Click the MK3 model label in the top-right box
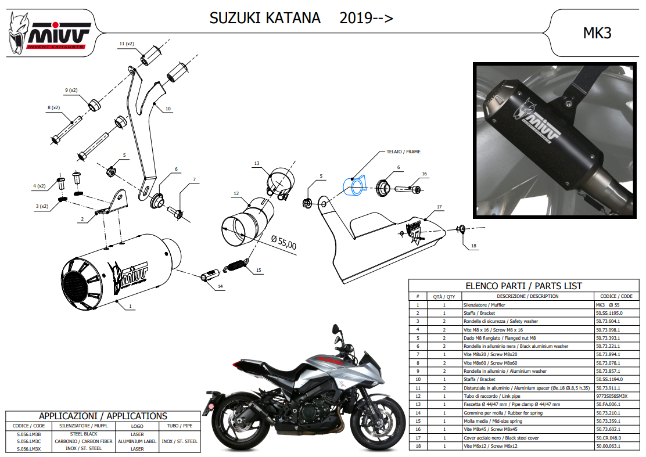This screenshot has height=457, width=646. (x=597, y=33)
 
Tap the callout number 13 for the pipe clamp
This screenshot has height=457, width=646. (x=257, y=163)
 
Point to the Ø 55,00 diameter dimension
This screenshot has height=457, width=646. (x=284, y=243)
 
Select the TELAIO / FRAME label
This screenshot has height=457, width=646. (x=403, y=152)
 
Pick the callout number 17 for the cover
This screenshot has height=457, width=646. (x=439, y=207)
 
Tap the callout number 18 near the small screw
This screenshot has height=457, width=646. (x=473, y=246)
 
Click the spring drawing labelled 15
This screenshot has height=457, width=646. (x=236, y=264)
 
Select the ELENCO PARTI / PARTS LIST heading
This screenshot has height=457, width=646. (x=523, y=286)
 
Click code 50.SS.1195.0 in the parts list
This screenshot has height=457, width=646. (x=609, y=313)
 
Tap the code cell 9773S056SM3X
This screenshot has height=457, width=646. (x=611, y=396)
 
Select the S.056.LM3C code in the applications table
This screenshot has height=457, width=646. (x=29, y=441)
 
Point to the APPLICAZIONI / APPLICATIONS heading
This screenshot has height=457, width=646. (x=103, y=416)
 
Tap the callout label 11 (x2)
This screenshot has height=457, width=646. (x=127, y=44)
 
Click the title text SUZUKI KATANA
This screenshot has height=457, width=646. (x=265, y=18)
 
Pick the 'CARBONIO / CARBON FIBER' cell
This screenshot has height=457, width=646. (x=84, y=441)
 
